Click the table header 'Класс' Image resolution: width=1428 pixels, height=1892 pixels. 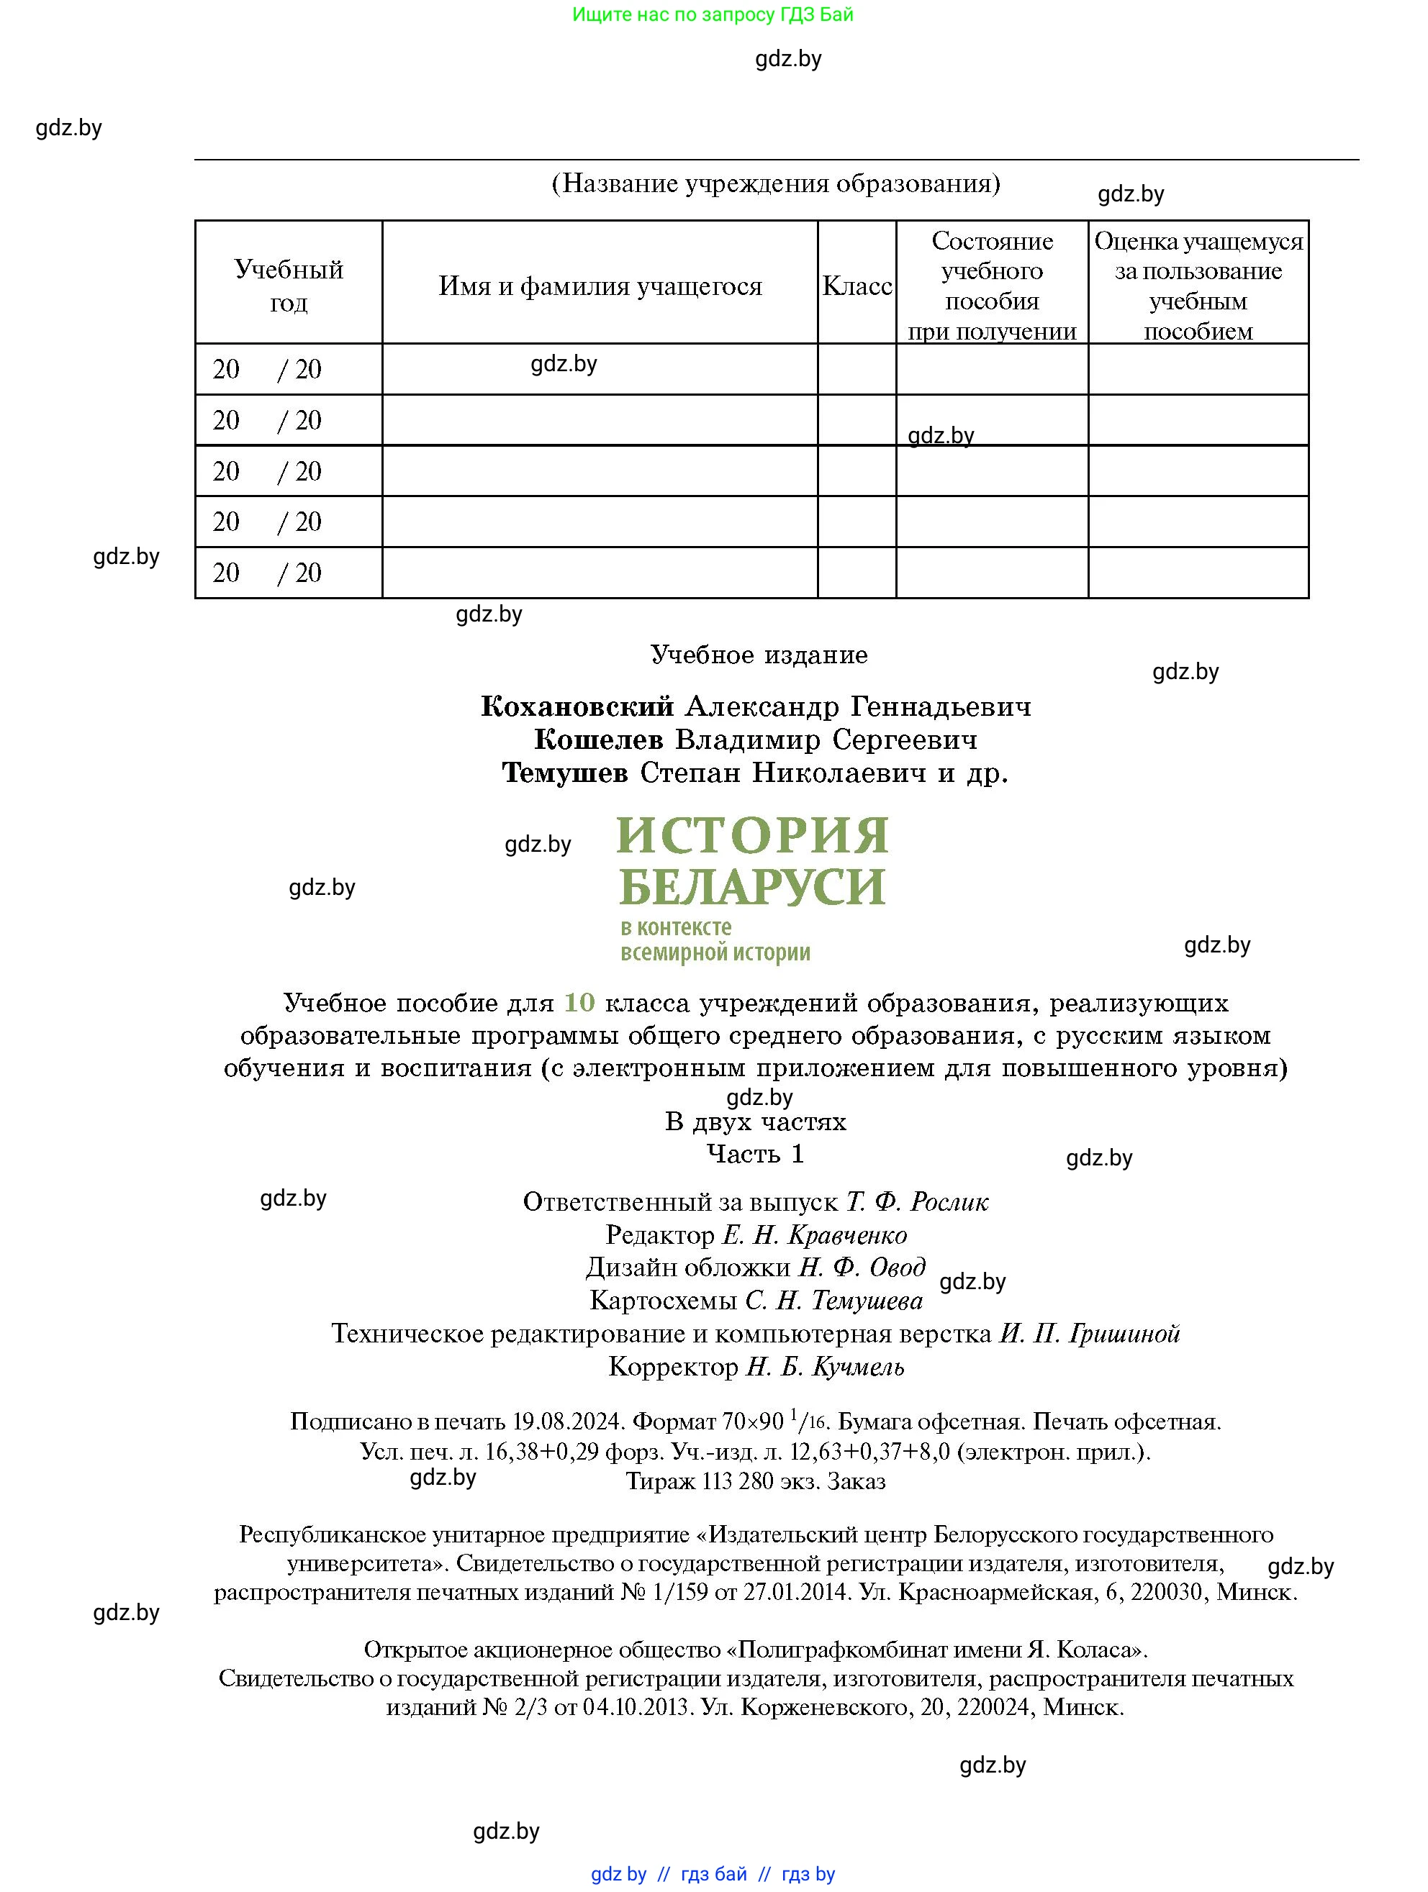857,286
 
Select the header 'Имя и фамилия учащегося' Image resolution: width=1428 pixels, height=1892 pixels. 600,286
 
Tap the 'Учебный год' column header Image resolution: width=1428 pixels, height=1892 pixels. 289,286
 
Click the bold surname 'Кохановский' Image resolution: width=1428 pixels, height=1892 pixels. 577,706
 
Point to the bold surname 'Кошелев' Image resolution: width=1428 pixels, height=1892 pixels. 598,739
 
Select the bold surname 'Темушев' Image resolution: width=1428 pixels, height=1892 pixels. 565,773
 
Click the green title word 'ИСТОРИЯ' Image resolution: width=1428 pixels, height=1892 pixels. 752,836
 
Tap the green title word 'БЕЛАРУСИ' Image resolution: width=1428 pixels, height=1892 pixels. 752,887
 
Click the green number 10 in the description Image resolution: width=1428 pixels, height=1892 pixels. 579,1002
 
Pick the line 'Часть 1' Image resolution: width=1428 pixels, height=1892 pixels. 756,1154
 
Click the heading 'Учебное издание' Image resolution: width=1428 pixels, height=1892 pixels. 759,655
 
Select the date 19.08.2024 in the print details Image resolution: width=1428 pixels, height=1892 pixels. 567,1422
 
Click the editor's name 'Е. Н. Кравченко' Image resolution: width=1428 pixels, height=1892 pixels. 815,1235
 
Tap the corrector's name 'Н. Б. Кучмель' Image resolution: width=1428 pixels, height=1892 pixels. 825,1367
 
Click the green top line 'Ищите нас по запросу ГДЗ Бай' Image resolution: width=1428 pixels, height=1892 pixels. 713,14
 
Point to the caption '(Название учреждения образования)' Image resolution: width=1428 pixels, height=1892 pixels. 776,183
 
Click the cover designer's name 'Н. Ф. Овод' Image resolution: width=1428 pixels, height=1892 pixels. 862,1268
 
